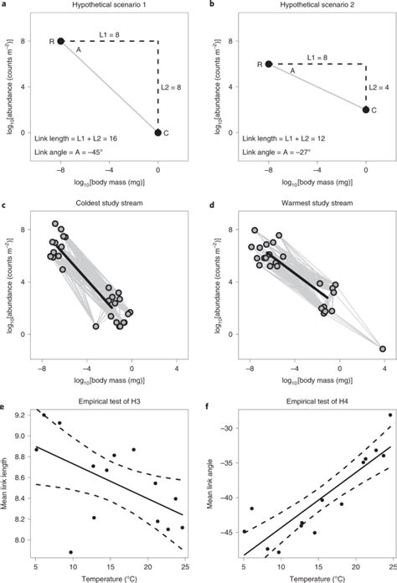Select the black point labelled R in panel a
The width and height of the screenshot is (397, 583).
[61, 40]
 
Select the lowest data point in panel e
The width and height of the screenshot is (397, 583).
[71, 552]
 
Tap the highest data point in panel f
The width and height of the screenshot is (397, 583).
[389, 415]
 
